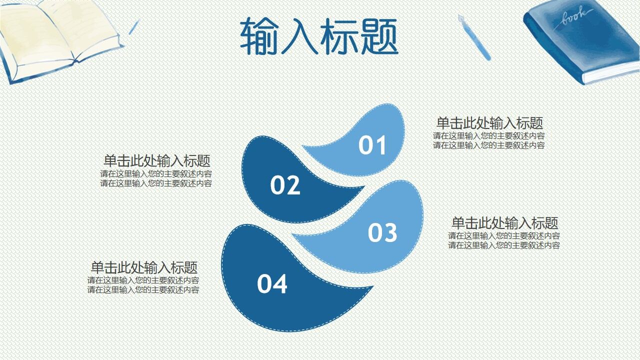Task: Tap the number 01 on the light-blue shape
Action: (372, 145)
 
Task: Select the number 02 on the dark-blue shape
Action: (285, 185)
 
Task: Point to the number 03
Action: (382, 233)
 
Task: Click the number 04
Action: (272, 284)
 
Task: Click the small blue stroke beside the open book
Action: (133, 27)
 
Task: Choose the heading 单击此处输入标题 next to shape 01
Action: (489, 123)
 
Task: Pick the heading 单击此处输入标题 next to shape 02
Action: (156, 161)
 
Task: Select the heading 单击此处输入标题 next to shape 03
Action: (504, 223)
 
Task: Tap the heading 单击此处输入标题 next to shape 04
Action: (144, 267)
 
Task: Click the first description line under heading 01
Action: (488, 136)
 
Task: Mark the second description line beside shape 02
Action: (156, 183)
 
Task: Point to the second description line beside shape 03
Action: (503, 245)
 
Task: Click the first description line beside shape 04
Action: (143, 280)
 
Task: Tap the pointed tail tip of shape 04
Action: (372, 287)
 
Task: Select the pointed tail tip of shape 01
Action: (303, 147)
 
